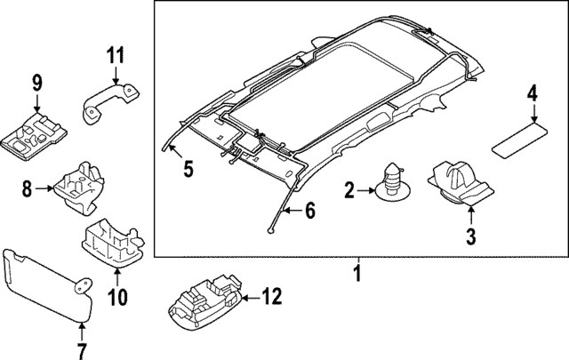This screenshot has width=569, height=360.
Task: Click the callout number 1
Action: point(357,273)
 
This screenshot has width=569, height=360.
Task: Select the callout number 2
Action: point(349,188)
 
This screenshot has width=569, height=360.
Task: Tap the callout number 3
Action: point(470,236)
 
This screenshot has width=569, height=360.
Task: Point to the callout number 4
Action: point(532,93)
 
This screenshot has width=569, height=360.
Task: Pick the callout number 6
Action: point(310,211)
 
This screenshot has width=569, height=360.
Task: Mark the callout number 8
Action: point(27,188)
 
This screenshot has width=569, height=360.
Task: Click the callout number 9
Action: point(36,84)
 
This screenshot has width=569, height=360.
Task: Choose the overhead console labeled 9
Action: point(36,133)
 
